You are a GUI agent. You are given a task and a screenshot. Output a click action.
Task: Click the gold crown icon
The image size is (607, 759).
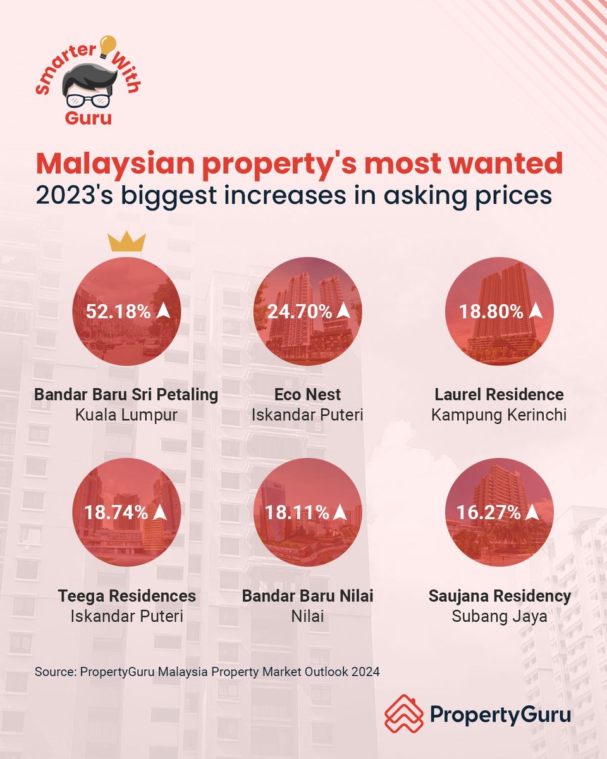(x=126, y=241)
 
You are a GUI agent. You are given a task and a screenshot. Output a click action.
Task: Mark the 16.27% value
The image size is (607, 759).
(x=491, y=512)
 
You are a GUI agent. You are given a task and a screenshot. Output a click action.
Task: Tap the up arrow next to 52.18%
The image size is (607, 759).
(x=164, y=311)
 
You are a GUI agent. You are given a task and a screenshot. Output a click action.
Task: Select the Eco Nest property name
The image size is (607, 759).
(x=307, y=395)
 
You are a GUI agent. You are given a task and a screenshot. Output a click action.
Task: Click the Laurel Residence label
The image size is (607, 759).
(x=499, y=395)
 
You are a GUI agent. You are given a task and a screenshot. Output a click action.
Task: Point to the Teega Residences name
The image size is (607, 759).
(x=127, y=596)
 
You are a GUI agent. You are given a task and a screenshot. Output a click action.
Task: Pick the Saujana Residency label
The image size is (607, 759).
(x=500, y=596)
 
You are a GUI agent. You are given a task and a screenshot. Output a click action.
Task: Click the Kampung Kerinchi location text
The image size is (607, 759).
(x=499, y=416)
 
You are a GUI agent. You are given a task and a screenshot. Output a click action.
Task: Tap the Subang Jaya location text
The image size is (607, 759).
(x=499, y=616)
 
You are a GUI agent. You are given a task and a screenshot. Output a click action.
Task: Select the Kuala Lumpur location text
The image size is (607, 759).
(x=126, y=416)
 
